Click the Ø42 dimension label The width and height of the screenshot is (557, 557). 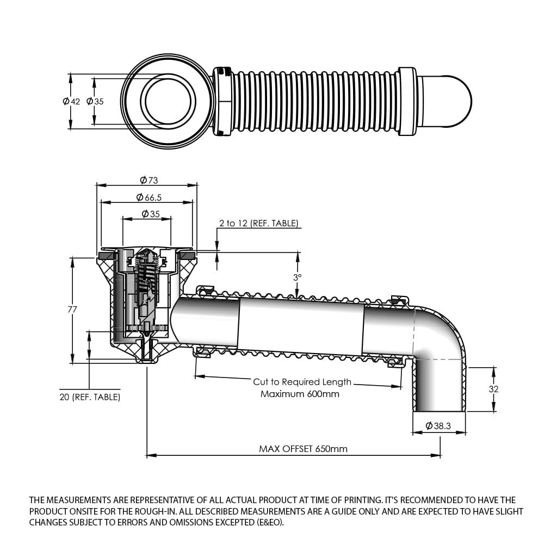point(71,102)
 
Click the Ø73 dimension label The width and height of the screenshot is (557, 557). point(148,180)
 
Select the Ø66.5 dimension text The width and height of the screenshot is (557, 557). point(148,197)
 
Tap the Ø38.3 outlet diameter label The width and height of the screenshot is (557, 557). point(438,426)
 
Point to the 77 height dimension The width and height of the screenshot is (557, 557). point(72,310)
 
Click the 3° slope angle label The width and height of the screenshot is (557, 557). point(297,277)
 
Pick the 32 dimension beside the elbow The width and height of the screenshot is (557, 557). point(493,389)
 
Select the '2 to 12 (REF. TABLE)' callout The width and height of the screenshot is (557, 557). point(258,223)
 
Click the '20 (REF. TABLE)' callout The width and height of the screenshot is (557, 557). point(90,397)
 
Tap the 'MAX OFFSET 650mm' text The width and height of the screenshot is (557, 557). point(303,449)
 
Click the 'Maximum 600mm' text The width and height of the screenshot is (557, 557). point(300,394)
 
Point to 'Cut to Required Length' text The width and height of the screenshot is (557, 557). point(302,382)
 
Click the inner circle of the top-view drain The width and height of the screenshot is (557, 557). point(168,101)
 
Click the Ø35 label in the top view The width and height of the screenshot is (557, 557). point(95,102)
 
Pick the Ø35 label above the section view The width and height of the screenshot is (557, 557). point(151,214)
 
